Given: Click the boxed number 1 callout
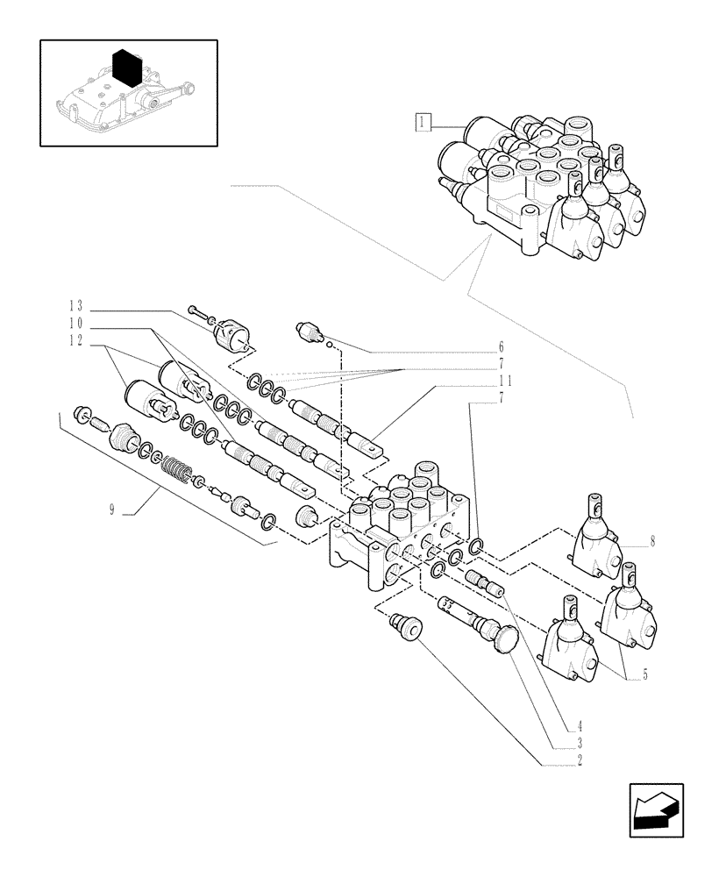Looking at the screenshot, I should (423, 122).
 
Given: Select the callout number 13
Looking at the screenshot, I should (76, 306).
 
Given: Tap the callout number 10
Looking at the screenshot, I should (76, 324).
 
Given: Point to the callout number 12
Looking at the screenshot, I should (76, 341).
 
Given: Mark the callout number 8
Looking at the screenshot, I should (651, 541).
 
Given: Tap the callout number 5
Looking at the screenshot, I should (644, 675).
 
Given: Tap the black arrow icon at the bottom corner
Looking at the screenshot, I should (655, 809).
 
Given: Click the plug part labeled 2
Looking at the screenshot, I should (404, 627).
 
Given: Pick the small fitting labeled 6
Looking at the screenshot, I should (311, 331).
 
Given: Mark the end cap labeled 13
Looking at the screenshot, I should (233, 332).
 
